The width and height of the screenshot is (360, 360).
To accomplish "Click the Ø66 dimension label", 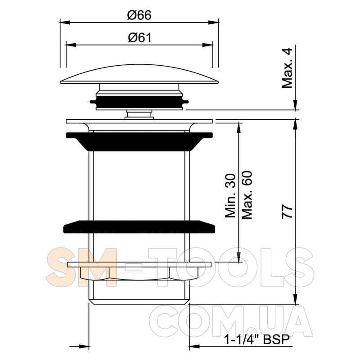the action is point(139,15).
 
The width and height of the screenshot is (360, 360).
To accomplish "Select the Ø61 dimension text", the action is point(140,38).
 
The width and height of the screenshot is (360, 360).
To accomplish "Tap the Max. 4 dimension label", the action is point(287,68).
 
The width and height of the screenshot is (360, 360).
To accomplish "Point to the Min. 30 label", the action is point(230,196).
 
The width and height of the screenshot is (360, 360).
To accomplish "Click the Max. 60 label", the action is point(247,195).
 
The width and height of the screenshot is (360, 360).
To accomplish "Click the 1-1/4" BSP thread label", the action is point(257,340).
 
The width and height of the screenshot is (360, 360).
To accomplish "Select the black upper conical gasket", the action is point(139,141).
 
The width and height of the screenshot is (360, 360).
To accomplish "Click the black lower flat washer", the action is point(139,227).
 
